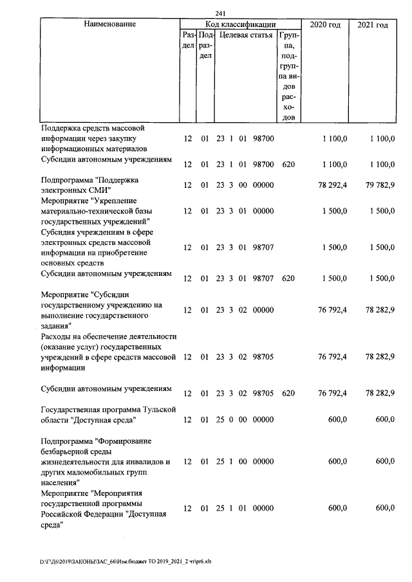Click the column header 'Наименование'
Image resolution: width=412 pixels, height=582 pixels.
109,24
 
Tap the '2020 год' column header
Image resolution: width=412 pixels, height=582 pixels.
326,24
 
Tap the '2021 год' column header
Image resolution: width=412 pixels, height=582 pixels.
373,24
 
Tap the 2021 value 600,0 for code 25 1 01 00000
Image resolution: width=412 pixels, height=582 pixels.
384,508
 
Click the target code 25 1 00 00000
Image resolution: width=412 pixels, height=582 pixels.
245,461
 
